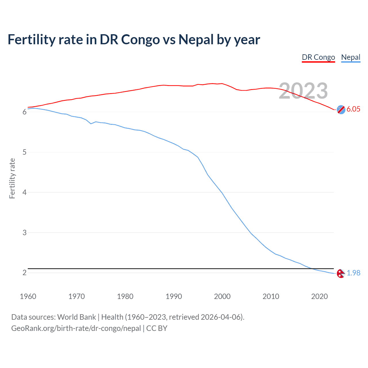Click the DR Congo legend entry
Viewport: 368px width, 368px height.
tap(318, 57)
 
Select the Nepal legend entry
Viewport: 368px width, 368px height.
tap(350, 57)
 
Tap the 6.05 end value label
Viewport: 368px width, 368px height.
tap(353, 109)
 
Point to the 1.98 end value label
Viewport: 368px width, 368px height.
tap(353, 273)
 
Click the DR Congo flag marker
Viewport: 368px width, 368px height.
tap(341, 110)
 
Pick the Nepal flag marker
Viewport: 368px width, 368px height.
tap(341, 273)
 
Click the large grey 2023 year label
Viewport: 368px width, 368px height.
tap(303, 91)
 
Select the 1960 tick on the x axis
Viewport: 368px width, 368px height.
tap(28, 296)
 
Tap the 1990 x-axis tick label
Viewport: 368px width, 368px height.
tap(174, 296)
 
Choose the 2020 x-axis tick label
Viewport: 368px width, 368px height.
tap(319, 296)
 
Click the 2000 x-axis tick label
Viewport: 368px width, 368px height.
tap(222, 296)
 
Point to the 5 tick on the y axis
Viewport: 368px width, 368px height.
tap(24, 152)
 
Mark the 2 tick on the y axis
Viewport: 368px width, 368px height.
tap(24, 273)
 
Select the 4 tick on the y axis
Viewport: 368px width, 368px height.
tap(24, 192)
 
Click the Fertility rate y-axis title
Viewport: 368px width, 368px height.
tap(12, 178)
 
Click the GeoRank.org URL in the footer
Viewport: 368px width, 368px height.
tap(76, 328)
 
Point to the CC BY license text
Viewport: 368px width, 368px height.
tap(157, 328)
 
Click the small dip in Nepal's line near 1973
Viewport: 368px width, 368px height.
tap(91, 124)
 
